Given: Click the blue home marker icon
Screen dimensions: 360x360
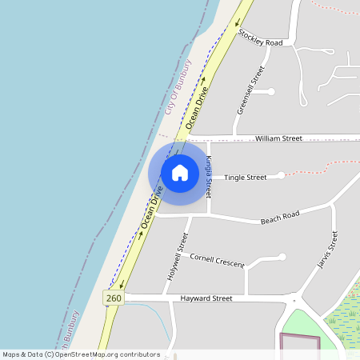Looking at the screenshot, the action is (x=180, y=172).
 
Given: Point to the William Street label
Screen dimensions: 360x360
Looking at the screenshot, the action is (x=278, y=138).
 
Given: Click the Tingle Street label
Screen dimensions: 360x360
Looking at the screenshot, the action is (x=245, y=177).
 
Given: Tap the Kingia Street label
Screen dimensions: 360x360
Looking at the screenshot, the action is (x=208, y=177).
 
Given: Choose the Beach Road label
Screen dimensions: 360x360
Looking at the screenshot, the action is (x=280, y=216).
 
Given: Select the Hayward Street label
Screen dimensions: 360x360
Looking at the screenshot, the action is (x=206, y=298).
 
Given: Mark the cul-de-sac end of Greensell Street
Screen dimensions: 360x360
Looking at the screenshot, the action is (x=271, y=91).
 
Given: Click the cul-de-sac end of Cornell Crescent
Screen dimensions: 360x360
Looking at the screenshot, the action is (x=282, y=257).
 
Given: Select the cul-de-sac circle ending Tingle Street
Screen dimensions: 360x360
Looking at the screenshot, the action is (x=282, y=175).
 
